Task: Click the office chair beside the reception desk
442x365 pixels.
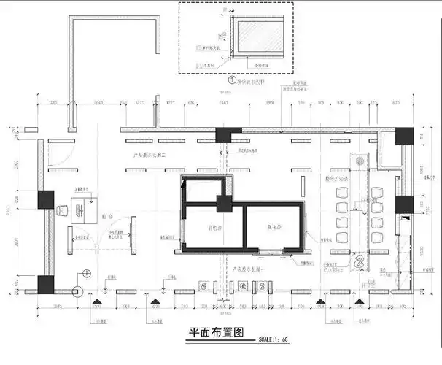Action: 63,210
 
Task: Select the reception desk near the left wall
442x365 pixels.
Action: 84,210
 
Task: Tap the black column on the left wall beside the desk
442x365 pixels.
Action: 46,200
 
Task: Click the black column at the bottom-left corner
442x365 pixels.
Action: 46,285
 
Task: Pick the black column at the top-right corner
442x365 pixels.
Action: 404,136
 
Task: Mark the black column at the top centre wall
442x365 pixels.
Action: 228,134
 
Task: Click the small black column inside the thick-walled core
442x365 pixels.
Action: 224,203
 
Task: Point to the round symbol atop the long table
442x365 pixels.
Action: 359,158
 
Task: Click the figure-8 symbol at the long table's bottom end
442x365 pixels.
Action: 359,261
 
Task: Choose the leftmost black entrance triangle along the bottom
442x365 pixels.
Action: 96,300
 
